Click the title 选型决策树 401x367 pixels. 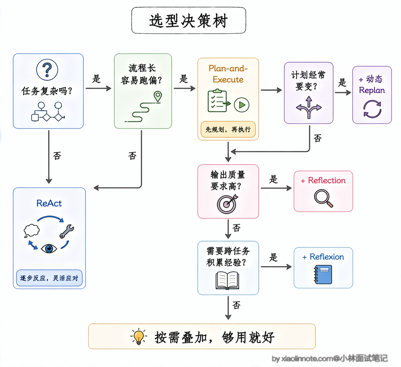point(188,21)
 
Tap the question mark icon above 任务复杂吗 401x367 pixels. point(47,70)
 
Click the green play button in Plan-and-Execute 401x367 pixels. point(242,105)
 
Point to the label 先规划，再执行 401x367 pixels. point(228,130)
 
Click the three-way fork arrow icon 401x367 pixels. point(309,107)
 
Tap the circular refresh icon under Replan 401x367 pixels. point(372,109)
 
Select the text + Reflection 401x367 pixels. point(323,180)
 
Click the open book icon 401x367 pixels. point(227,281)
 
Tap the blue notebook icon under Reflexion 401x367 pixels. point(323,274)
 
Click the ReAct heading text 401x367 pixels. point(49,203)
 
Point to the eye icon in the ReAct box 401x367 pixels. point(49,249)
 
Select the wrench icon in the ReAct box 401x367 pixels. point(67,231)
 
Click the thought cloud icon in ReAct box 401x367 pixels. point(32,231)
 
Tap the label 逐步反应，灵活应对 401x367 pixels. point(49,278)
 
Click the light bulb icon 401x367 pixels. point(139,336)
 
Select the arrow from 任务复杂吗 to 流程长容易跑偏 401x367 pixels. point(98,88)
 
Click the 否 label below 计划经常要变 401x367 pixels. point(318,138)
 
